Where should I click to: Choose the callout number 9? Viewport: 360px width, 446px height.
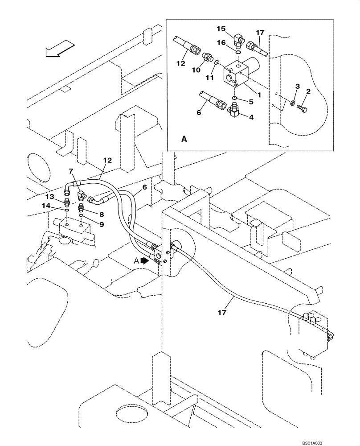[x=102, y=225]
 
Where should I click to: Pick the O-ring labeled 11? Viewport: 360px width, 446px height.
[x=216, y=63]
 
